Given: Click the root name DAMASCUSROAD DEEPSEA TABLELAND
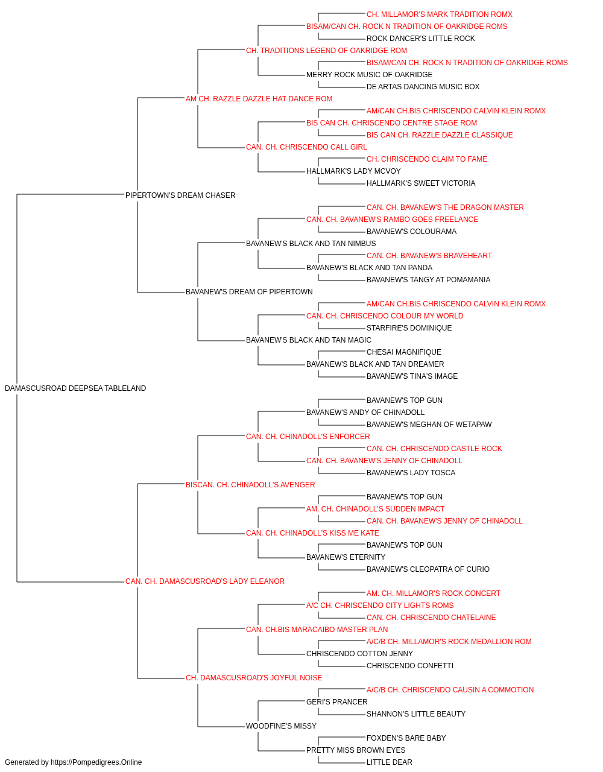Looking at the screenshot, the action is [75, 388].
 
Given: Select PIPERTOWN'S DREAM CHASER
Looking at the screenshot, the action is [180, 195].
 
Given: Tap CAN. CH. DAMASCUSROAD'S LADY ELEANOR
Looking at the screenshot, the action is [205, 581].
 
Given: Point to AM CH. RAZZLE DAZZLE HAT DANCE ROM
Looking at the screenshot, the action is [259, 99].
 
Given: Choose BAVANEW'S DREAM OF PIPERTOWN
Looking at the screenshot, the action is [249, 292].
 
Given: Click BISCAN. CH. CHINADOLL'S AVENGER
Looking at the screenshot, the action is [250, 484].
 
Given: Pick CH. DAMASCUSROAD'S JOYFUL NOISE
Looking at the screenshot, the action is [254, 678].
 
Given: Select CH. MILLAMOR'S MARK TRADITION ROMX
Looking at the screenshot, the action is [440, 14].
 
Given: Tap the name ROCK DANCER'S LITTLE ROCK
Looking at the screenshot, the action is [420, 39].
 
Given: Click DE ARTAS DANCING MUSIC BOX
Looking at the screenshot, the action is [423, 87].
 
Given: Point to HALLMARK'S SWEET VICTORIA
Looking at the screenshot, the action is [421, 183].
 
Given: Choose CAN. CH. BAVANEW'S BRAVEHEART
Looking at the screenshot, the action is [429, 256].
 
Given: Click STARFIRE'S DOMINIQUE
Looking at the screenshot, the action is [409, 328].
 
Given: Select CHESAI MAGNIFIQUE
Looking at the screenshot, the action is [404, 352].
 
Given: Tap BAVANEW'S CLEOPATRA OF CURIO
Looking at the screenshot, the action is [428, 569].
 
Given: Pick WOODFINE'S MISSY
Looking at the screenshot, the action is [281, 726].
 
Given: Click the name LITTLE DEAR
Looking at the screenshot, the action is [389, 762].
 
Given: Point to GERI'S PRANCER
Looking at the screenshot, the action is [336, 702].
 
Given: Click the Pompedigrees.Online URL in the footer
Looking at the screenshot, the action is [96, 762].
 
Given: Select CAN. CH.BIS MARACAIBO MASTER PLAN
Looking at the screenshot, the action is [317, 630].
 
